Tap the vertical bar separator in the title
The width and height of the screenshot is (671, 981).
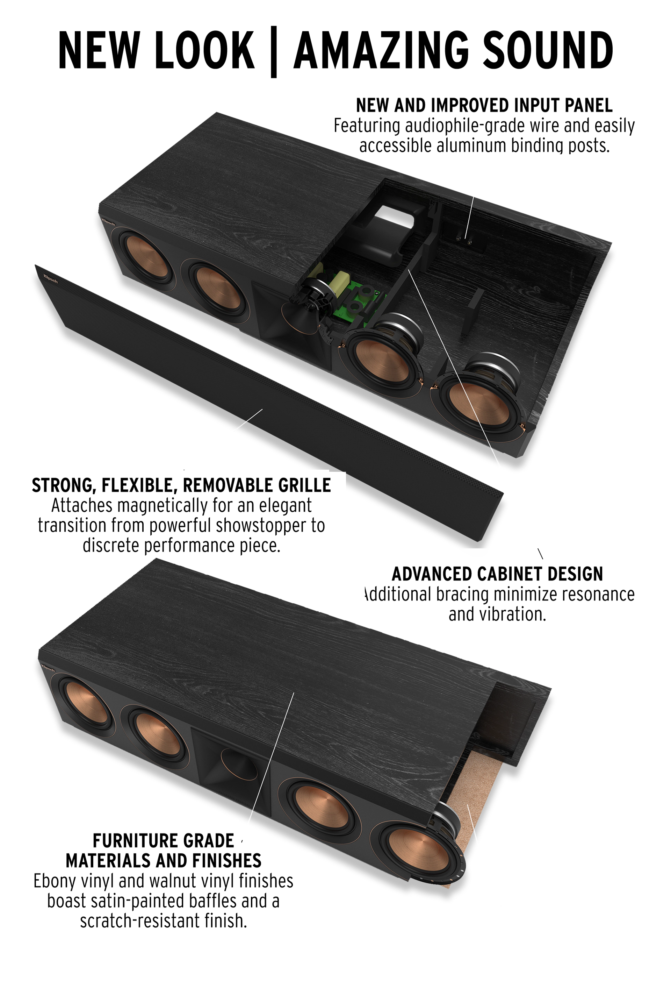click(x=274, y=51)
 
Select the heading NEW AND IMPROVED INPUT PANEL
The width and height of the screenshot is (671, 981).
click(x=484, y=105)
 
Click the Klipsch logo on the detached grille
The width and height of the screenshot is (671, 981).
click(x=50, y=279)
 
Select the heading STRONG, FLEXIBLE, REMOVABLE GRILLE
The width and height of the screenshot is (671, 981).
click(x=181, y=485)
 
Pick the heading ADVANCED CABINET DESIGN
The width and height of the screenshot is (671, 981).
click(x=497, y=574)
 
